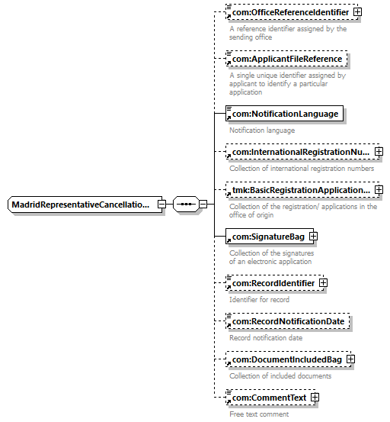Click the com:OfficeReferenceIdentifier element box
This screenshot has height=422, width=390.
[x=292, y=12]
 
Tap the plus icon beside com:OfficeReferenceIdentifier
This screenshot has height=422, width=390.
[x=357, y=12]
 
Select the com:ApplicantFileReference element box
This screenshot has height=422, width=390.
[x=286, y=59]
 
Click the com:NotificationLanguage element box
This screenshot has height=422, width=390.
[x=284, y=114]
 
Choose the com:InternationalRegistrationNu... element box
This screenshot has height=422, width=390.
[x=302, y=152]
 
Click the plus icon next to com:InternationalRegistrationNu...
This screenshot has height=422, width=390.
[x=379, y=152]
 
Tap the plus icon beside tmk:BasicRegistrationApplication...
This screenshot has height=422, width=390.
[x=379, y=190]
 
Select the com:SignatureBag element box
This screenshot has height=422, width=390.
[x=270, y=237]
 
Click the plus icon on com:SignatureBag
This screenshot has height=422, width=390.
[x=314, y=237]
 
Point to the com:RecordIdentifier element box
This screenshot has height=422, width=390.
[x=275, y=283]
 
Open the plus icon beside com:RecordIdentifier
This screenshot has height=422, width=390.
[x=324, y=283]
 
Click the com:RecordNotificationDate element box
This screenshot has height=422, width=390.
[x=288, y=321]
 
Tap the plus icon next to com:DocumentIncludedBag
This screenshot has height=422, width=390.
[x=351, y=359]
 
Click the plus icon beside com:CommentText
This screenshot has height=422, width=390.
[x=315, y=398]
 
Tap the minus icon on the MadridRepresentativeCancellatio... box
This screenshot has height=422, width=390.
[x=161, y=205]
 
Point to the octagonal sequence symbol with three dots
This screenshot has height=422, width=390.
[x=186, y=205]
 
